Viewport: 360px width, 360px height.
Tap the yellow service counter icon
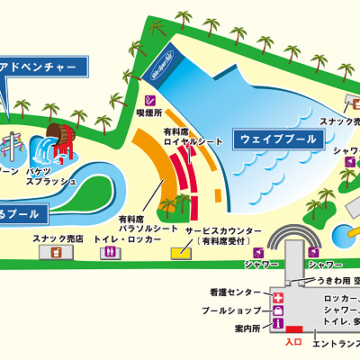pyautogui.click(x=181, y=253)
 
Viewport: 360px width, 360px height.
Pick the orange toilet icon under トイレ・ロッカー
pyautogui.click(x=111, y=253)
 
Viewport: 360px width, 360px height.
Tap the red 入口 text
pyautogui.click(x=292, y=342)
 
